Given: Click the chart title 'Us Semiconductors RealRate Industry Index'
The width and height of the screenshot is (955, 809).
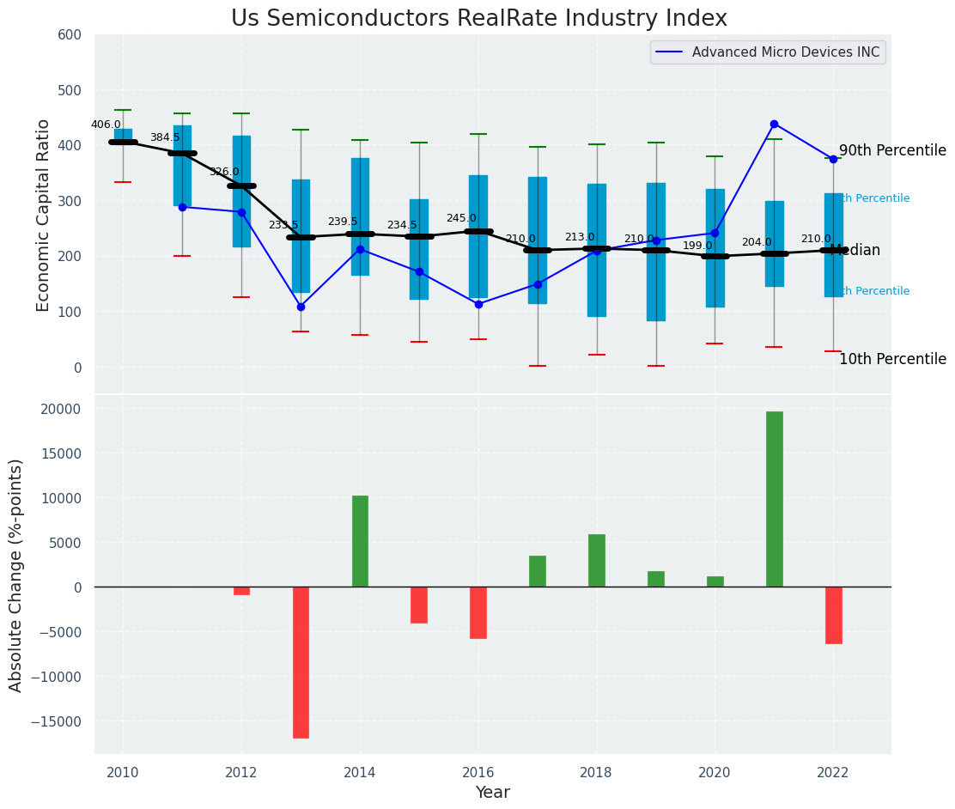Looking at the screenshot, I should pos(478,19).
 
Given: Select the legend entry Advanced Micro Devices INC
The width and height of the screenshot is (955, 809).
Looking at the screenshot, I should pos(785,52).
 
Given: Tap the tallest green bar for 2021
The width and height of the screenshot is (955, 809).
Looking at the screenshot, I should pos(774,499).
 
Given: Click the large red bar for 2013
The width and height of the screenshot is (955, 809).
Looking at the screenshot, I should pos(301,662).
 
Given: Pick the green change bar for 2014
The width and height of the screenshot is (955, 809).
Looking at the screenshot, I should pos(360,541).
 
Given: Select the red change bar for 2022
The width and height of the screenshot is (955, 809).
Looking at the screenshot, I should pos(833,615).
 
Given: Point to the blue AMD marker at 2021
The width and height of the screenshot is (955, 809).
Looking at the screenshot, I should pos(774,125).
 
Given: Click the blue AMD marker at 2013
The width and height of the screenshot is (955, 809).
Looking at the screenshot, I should pos(301,307).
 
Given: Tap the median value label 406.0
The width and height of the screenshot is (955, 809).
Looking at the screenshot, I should pos(106,125).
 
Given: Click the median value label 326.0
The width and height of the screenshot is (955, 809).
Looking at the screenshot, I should pos(224,172).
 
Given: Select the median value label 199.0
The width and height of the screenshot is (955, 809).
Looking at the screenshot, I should pos(697,246).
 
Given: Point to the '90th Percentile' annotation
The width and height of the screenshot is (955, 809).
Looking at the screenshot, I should pos(892,151).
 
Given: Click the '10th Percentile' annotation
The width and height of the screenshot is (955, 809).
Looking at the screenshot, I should pos(892,360).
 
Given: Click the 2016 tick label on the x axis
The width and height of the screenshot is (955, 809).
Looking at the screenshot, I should pos(478,773).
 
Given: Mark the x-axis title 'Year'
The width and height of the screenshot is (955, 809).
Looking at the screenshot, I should pos(492,793).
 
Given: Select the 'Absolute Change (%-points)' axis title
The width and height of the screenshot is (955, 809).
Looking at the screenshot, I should pos(16,575).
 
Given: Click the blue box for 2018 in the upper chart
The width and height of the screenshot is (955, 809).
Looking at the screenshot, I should pos(596,250).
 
